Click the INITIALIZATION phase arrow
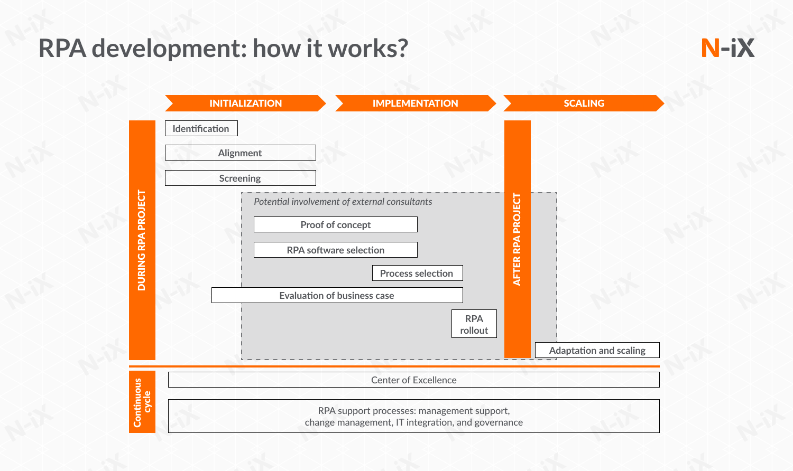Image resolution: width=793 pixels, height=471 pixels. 245,103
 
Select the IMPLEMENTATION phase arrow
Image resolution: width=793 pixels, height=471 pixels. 415,103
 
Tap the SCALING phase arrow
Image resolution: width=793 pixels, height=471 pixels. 584,103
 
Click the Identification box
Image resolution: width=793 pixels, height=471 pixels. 201,128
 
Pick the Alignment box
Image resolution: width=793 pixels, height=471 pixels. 240,153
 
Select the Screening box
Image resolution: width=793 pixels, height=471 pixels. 240,178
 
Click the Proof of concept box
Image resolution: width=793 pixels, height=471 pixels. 335,224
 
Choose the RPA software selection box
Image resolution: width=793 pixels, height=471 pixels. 335,250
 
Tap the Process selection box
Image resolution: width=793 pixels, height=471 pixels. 417,273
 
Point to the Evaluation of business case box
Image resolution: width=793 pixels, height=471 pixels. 337,295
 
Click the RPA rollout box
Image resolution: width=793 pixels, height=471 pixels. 474,324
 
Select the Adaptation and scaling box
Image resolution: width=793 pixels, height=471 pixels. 597,350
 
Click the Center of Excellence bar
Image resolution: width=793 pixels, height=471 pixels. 413,380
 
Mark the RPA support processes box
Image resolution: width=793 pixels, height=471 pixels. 413,416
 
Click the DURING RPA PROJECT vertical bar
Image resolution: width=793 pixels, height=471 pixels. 142,240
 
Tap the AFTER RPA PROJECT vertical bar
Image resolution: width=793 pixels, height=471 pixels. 517,239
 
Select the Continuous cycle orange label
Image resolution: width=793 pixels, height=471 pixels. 142,402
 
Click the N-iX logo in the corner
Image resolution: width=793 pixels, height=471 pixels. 727,48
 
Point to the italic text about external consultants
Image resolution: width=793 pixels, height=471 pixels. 343,202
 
